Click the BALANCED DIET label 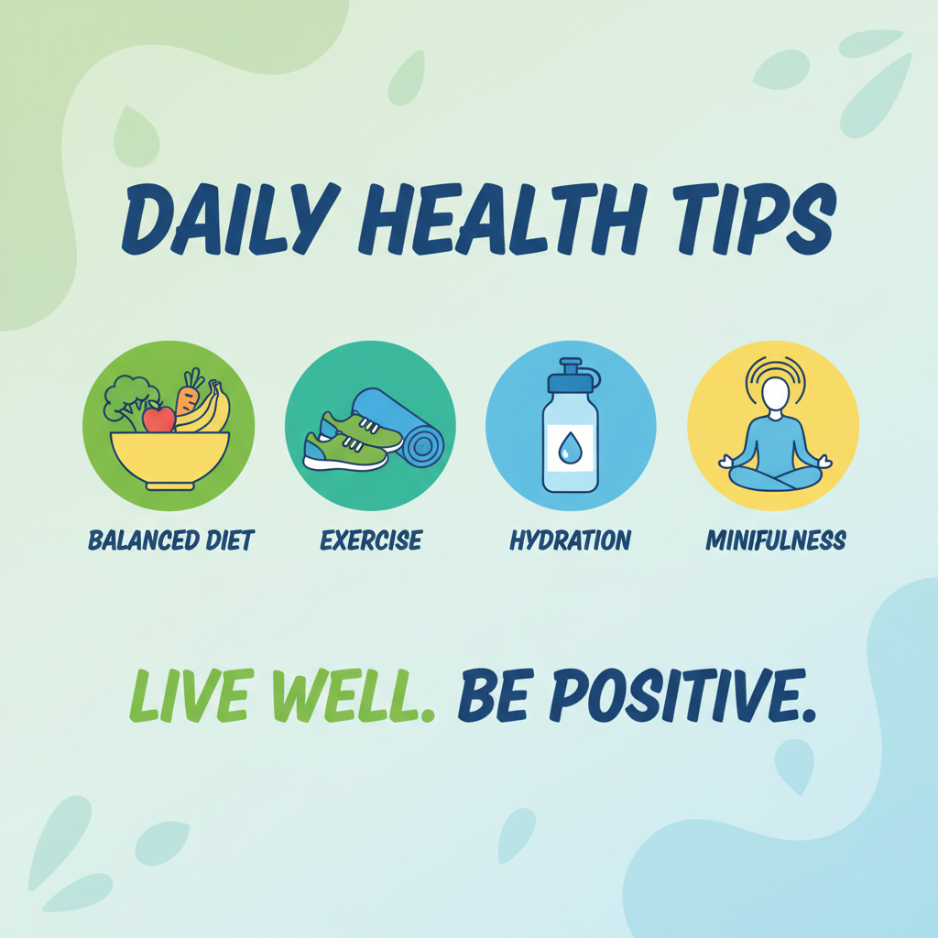click(x=170, y=540)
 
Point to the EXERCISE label click(x=371, y=540)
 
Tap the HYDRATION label click(x=570, y=540)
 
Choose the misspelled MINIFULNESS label click(x=775, y=540)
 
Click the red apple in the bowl click(x=158, y=420)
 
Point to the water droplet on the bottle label click(x=569, y=447)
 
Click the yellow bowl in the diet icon click(x=169, y=458)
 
